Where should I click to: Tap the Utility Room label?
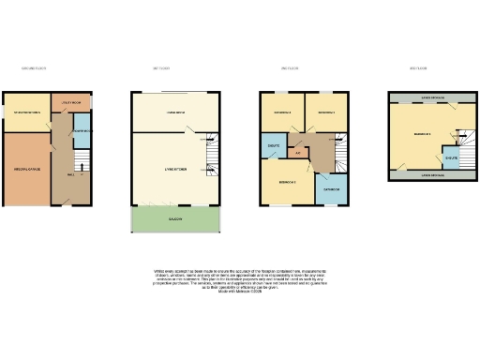pyautogui.click(x=73, y=101)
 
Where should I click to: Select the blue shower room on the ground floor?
pyautogui.click(x=81, y=132)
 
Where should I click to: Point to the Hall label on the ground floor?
pyautogui.click(x=71, y=174)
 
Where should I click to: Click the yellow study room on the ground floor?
pyautogui.click(x=25, y=112)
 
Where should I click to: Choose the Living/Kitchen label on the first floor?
pyautogui.click(x=175, y=169)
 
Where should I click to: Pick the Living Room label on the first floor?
pyautogui.click(x=175, y=112)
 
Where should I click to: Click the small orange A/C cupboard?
pyautogui.click(x=297, y=153)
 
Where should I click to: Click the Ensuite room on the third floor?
pyautogui.click(x=451, y=158)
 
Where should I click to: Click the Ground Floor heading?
pyautogui.click(x=34, y=68)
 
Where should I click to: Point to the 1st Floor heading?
pyautogui.click(x=160, y=68)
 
